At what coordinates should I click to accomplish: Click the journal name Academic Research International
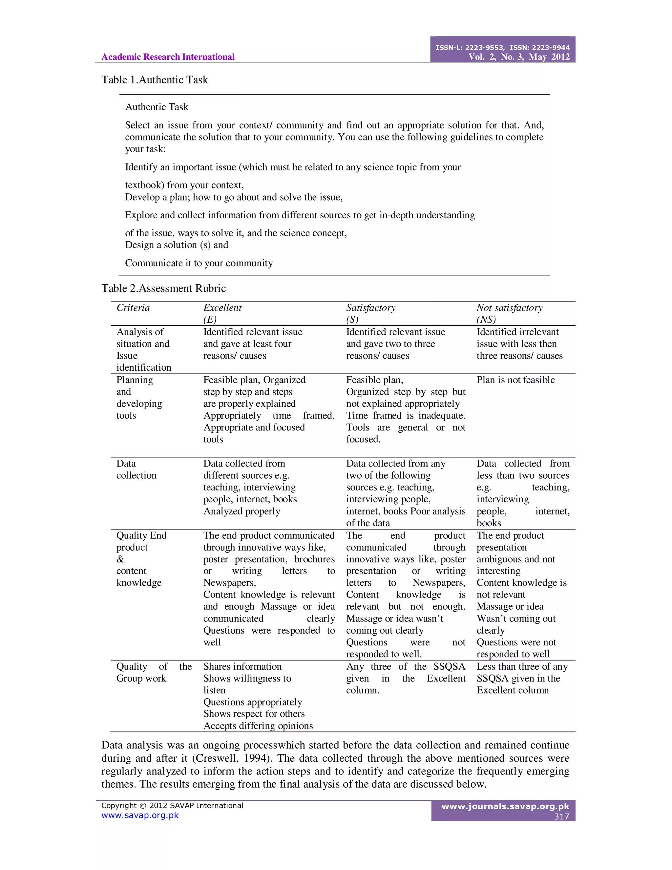click(168, 57)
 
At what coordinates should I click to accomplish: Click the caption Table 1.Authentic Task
click(155, 80)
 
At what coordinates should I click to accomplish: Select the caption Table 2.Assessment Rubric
click(163, 288)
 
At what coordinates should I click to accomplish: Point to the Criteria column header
click(133, 308)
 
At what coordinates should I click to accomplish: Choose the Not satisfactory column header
click(509, 308)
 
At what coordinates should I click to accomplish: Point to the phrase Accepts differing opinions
click(258, 726)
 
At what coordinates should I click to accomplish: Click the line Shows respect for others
click(254, 713)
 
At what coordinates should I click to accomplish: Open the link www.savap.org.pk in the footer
click(140, 815)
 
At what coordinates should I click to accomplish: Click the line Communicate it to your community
click(199, 263)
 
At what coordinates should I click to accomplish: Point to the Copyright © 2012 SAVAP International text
click(172, 805)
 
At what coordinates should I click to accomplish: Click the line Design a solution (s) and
click(176, 245)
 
